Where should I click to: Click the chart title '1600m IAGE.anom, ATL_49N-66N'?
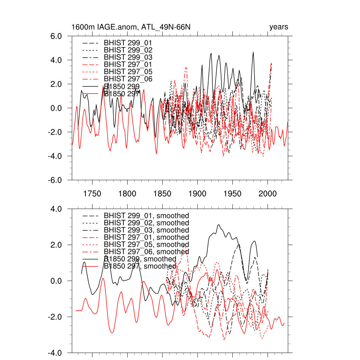point(131,27)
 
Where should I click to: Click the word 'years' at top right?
point(278,27)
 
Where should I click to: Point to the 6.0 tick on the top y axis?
point(57,36)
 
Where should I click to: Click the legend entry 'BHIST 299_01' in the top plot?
point(128,43)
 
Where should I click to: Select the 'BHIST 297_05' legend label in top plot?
point(128,71)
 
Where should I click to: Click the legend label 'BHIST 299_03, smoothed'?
point(146,230)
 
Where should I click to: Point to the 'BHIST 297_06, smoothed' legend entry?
point(146,252)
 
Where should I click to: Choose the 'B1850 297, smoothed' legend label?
point(140,266)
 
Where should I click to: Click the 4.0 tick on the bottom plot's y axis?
point(57,209)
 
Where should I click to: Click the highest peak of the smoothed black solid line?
point(219,225)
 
